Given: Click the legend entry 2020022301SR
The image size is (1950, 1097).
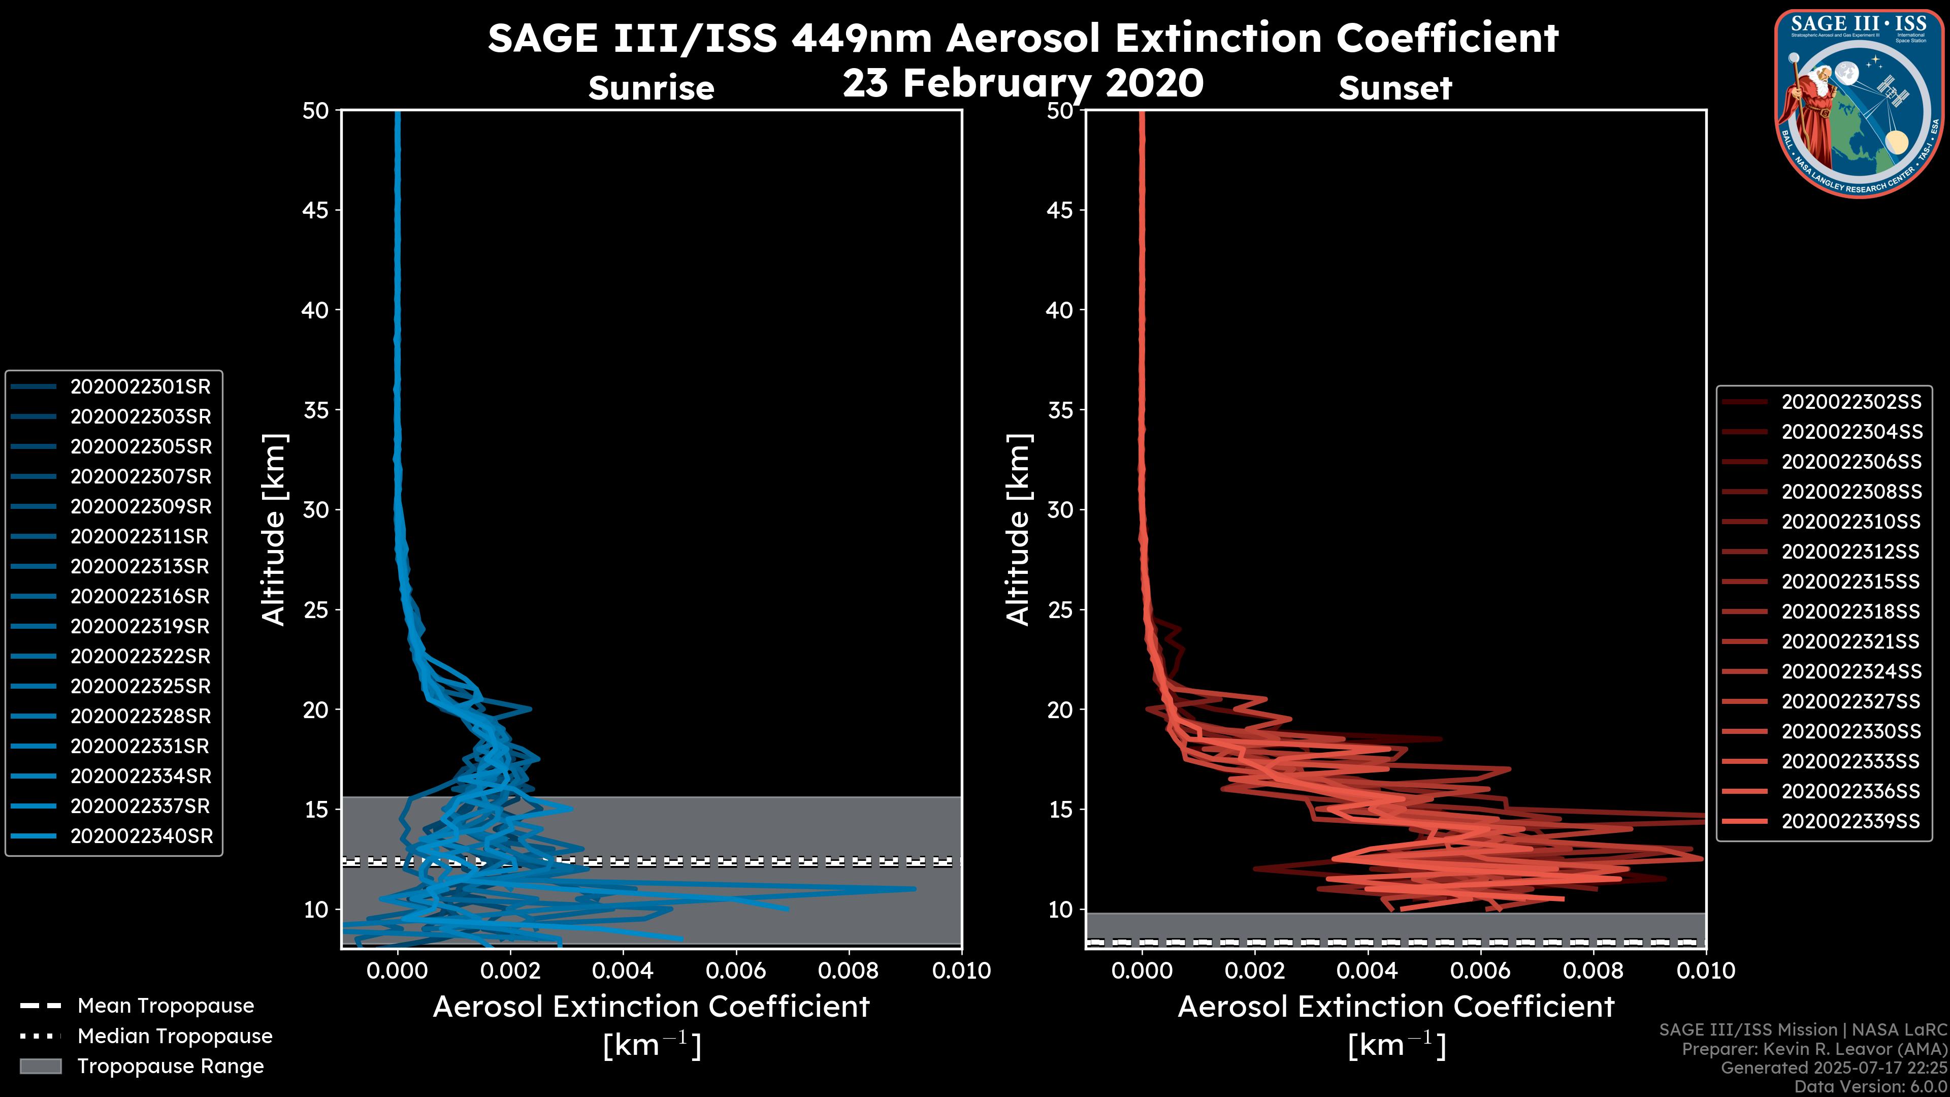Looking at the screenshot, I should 140,387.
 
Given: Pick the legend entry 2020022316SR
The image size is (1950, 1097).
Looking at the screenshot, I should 140,597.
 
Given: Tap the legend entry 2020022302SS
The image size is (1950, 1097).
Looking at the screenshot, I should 1851,402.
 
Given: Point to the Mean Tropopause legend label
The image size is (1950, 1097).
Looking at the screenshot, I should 166,1006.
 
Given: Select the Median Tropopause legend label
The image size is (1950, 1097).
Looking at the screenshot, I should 175,1037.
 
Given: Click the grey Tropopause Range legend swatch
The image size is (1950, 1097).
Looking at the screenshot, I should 40,1066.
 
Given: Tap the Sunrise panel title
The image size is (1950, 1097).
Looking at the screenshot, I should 651,88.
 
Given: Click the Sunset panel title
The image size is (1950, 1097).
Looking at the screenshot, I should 1395,88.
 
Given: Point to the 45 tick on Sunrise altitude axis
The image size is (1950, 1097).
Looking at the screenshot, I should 316,210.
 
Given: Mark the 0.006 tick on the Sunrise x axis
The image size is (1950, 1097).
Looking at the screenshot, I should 736,971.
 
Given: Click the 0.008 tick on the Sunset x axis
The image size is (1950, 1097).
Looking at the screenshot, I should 1594,971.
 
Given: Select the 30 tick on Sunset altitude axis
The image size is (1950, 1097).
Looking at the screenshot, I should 1060,510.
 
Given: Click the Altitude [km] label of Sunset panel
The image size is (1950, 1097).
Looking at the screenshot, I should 1018,529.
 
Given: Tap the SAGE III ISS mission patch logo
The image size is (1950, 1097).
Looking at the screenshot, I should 1859,104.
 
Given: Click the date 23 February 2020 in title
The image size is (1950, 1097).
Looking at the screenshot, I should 1023,83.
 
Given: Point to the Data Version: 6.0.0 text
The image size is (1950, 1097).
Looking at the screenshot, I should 1871,1086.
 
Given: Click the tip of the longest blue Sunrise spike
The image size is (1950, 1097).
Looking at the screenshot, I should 915,889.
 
